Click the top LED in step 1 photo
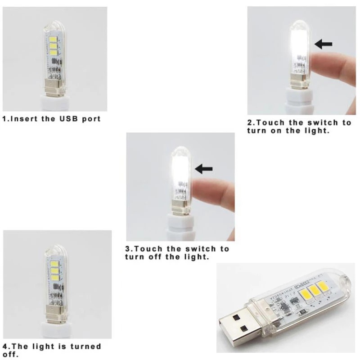click(54, 37)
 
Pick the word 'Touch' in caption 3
click(148, 249)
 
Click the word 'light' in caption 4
click(45, 346)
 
